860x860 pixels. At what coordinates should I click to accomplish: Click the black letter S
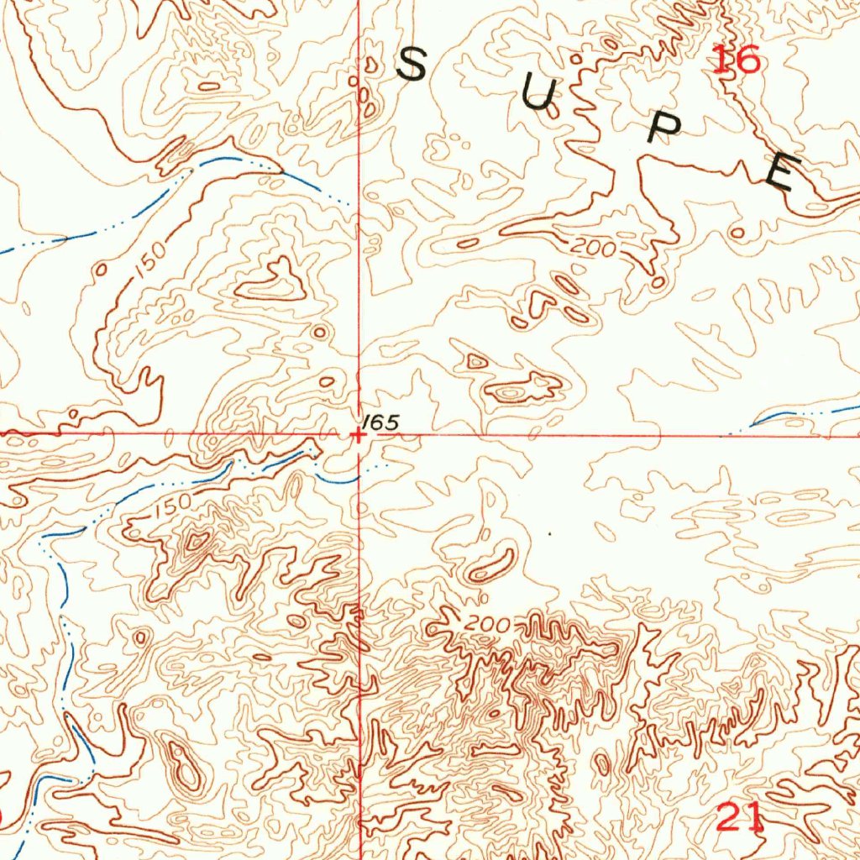click(x=412, y=65)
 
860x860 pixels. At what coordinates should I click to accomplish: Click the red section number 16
click(x=736, y=60)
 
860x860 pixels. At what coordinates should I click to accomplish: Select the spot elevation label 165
click(x=381, y=422)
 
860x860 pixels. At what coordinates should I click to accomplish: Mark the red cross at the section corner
click(x=359, y=435)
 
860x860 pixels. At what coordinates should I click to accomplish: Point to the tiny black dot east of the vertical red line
click(x=548, y=532)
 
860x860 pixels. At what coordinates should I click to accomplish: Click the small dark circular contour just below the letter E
click(x=738, y=232)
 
